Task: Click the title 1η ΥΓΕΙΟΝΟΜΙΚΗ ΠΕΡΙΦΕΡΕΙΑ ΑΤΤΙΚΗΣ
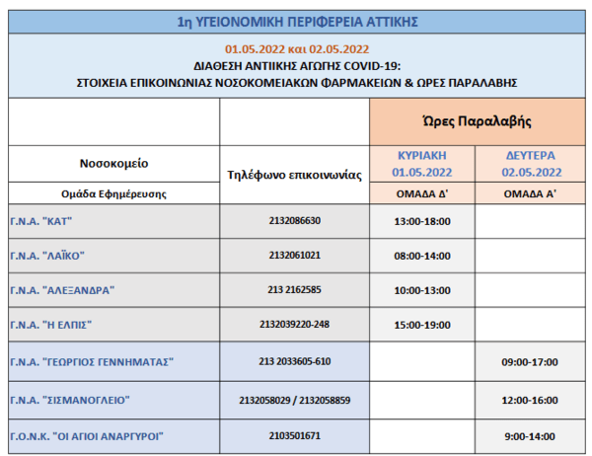click(x=296, y=19)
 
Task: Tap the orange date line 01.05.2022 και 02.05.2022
click(x=296, y=48)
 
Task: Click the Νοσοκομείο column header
click(x=113, y=163)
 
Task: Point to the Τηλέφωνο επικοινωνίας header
click(x=295, y=174)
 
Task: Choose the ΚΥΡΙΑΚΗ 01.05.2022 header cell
click(x=421, y=163)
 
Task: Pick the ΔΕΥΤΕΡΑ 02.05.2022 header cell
click(x=530, y=163)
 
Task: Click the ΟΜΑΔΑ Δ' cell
click(x=421, y=194)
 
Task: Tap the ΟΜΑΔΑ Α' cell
click(x=530, y=194)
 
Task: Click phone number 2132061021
click(x=295, y=256)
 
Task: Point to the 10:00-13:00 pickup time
click(x=421, y=290)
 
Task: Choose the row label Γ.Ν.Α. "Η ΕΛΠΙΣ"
click(x=54, y=325)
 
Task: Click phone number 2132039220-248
click(x=295, y=325)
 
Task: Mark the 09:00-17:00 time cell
click(x=530, y=361)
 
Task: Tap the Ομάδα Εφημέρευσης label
click(x=113, y=194)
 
